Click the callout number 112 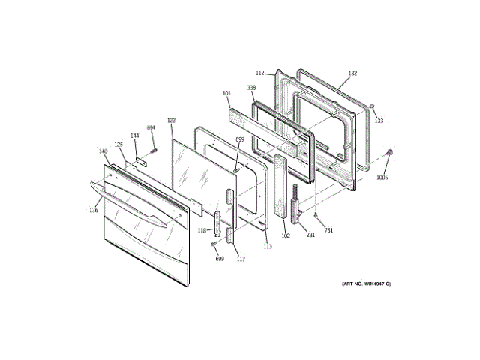click(259, 73)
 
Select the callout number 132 click(352, 73)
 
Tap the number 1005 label click(382, 178)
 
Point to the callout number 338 click(251, 88)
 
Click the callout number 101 click(226, 94)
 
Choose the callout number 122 click(171, 121)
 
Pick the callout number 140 click(103, 151)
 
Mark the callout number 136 click(93, 210)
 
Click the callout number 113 click(268, 246)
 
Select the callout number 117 click(241, 259)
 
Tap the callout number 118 click(202, 230)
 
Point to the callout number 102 click(286, 235)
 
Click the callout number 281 click(310, 235)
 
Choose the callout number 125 click(118, 145)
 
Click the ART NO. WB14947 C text click(366, 283)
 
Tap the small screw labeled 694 click(154, 148)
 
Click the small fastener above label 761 click(317, 216)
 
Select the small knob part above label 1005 click(390, 154)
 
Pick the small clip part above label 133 click(372, 106)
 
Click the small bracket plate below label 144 click(140, 159)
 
